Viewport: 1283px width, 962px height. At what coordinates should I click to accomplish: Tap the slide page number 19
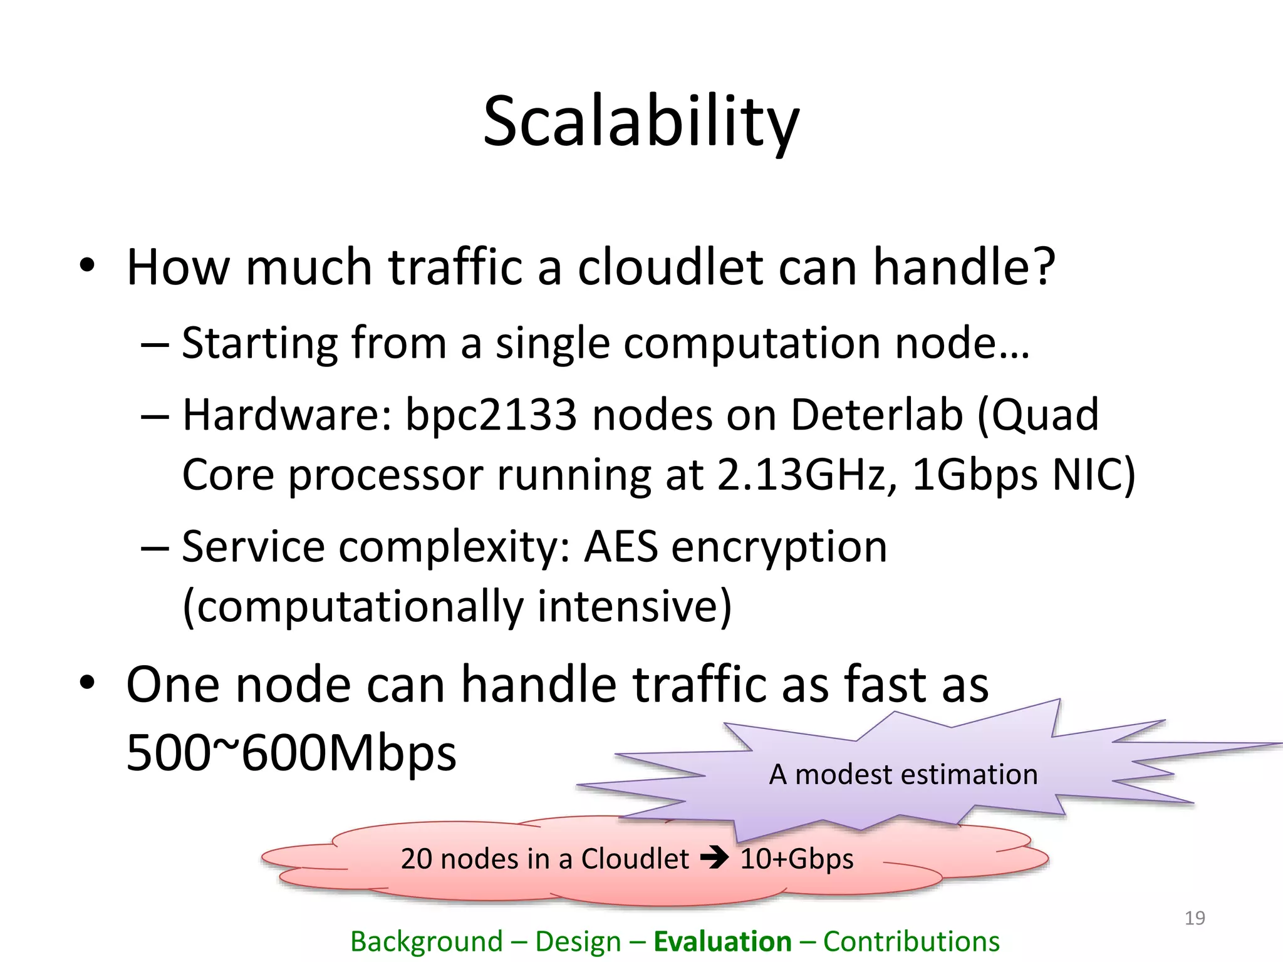(x=1195, y=918)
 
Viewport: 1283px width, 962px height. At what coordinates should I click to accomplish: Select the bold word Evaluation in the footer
(x=722, y=941)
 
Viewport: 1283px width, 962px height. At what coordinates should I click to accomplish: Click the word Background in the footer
(x=426, y=941)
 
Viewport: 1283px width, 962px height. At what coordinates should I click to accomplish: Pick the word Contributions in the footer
(x=911, y=941)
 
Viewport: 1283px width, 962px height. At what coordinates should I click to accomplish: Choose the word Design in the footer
(x=578, y=941)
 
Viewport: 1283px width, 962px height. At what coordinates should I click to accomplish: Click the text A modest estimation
(x=903, y=774)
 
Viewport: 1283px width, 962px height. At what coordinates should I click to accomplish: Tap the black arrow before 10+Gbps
(x=714, y=857)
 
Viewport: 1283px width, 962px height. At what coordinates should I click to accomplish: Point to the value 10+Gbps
(x=797, y=858)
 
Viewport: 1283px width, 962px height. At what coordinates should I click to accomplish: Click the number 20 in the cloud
(x=416, y=858)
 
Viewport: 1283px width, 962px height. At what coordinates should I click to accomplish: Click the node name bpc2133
(x=491, y=415)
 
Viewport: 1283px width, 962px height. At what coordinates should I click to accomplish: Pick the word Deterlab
(x=876, y=415)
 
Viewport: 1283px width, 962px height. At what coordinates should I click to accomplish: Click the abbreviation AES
(x=621, y=546)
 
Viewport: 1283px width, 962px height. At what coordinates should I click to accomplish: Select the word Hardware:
(x=287, y=415)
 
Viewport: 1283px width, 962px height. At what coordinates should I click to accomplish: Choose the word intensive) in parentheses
(x=634, y=606)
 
